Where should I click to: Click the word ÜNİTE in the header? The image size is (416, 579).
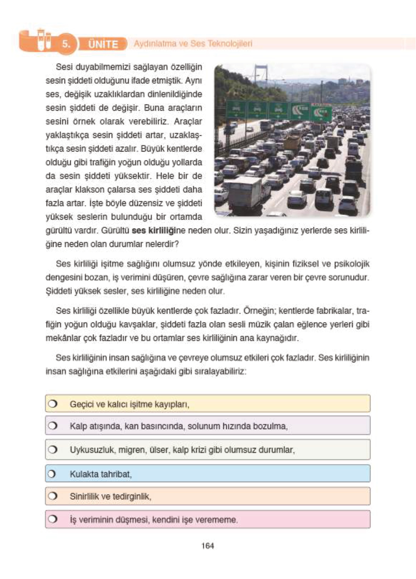coord(103,44)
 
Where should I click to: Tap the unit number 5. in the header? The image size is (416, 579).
coord(66,44)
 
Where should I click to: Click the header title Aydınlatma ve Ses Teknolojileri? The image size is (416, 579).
coord(193,44)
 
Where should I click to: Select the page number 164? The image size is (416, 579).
coord(207,546)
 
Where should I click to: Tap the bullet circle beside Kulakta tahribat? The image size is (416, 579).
coord(52,474)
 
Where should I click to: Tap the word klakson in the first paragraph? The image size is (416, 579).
coord(90,190)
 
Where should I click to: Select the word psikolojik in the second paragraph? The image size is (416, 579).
coord(351,264)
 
